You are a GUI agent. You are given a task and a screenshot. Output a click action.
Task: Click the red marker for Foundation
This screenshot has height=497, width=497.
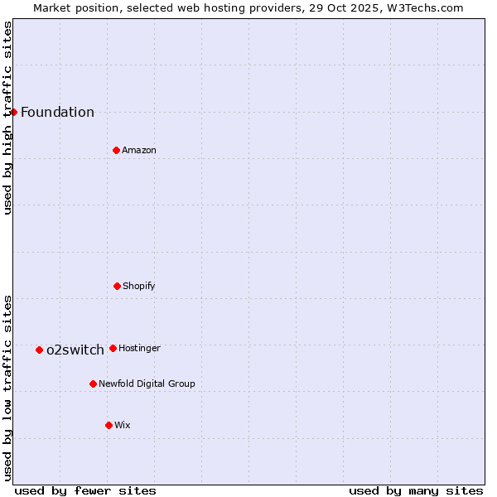coord(13,112)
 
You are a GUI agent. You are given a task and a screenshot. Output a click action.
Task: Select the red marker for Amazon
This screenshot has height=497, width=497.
coord(116,150)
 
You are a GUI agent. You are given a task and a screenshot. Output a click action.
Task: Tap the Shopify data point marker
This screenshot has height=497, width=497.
coord(117,286)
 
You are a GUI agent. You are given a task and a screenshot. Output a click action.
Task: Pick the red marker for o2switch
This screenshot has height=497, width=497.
coord(39,350)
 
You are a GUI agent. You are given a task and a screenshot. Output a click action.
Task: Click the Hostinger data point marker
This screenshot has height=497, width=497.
coord(113,348)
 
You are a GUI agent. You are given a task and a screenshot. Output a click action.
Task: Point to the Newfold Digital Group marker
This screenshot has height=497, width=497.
coord(93,384)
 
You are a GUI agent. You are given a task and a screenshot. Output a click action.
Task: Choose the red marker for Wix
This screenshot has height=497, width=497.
coord(109,425)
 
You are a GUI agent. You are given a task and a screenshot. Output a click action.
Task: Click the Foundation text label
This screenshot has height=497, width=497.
coord(57,113)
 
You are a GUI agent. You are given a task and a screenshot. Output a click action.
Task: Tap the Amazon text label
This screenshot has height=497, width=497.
coord(139,151)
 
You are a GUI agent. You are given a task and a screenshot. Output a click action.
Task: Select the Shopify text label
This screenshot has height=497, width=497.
coord(139,287)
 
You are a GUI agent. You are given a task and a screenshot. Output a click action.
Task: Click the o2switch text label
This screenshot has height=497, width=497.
coord(75,350)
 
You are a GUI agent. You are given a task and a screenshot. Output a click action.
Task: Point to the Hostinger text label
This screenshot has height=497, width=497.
coord(139,349)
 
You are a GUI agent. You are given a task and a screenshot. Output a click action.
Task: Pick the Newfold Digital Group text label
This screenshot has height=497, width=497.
coord(147,384)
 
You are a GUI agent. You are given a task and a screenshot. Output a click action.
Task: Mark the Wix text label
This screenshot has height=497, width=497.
coord(123,426)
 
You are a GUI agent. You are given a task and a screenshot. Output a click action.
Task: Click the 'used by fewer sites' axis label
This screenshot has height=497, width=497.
coord(85,490)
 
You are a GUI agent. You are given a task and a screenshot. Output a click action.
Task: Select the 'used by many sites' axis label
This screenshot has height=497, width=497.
coord(416,490)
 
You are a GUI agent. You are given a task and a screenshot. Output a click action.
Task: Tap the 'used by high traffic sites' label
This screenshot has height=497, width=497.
coord(7,118)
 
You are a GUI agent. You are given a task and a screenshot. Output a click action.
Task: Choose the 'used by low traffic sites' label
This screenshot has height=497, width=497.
coord(7,388)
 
